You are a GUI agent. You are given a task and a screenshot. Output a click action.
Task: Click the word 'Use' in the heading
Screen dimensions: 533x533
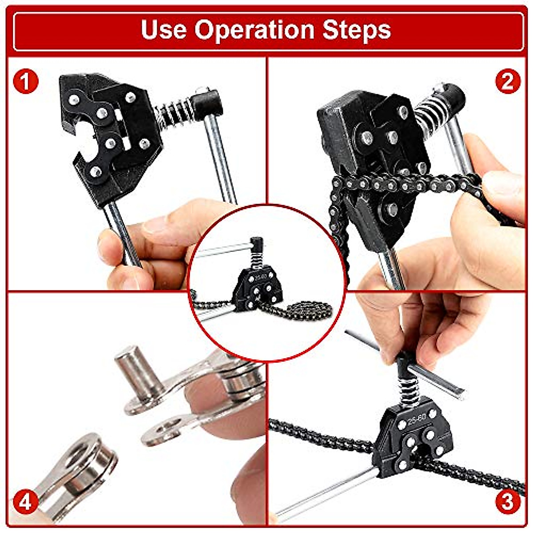[x=163, y=30]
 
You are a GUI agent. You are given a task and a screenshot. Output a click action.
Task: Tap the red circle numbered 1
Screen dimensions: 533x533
[x=25, y=81]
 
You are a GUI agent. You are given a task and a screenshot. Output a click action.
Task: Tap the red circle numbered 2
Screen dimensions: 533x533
[x=507, y=81]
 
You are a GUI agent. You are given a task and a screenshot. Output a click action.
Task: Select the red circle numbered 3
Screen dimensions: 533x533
[x=507, y=502]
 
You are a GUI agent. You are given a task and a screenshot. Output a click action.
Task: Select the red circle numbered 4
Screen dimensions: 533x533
[x=25, y=503]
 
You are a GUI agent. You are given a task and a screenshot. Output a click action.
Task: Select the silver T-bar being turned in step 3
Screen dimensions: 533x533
[x=409, y=364]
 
